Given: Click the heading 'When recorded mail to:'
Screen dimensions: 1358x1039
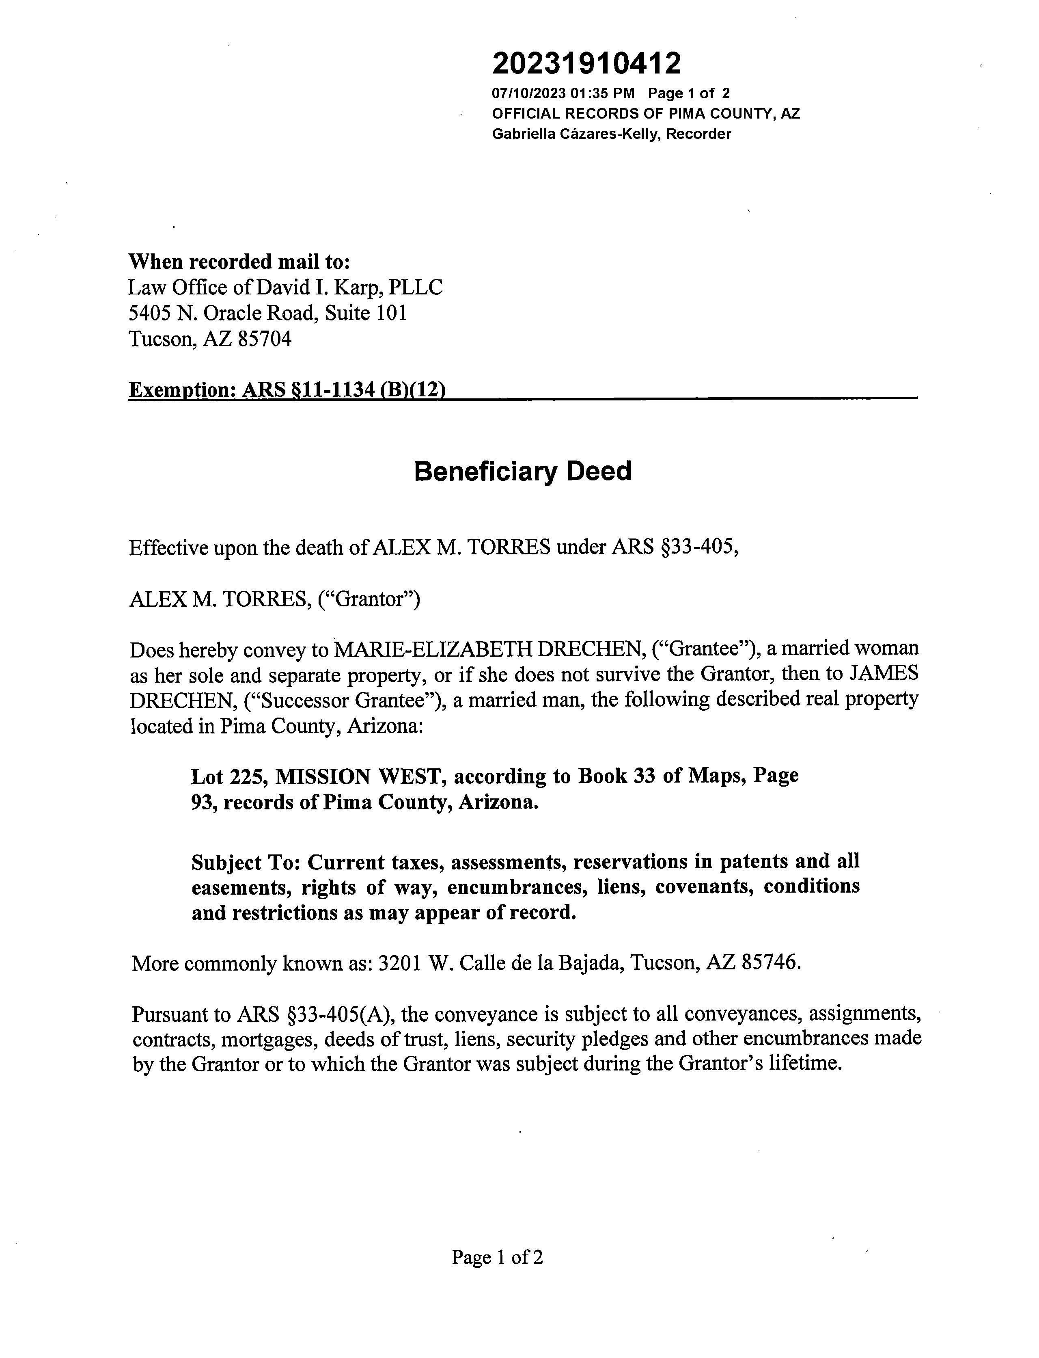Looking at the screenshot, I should tap(239, 262).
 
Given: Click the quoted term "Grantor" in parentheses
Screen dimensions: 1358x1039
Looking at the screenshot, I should tap(368, 599).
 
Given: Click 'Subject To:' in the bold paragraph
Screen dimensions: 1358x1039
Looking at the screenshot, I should tap(246, 862).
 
